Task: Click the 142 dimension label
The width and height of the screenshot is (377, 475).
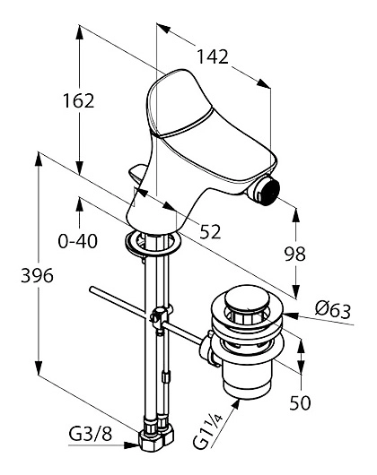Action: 213,56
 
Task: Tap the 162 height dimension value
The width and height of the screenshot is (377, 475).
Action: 79,100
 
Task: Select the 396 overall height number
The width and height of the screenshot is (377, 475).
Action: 37,276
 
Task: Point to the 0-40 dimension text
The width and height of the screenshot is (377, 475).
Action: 78,241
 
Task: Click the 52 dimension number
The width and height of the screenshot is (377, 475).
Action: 210,232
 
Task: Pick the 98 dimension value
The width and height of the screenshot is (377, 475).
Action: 294,254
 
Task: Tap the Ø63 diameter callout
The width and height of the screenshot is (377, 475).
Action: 333,310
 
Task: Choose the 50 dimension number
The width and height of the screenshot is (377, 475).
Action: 300,402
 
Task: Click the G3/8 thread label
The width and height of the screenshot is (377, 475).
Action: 91,435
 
